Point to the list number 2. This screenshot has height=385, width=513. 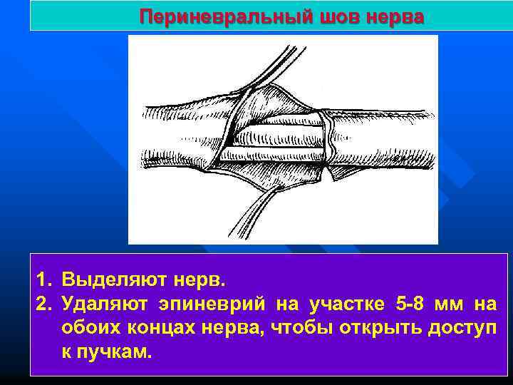42,304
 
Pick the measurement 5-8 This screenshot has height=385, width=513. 409,304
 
